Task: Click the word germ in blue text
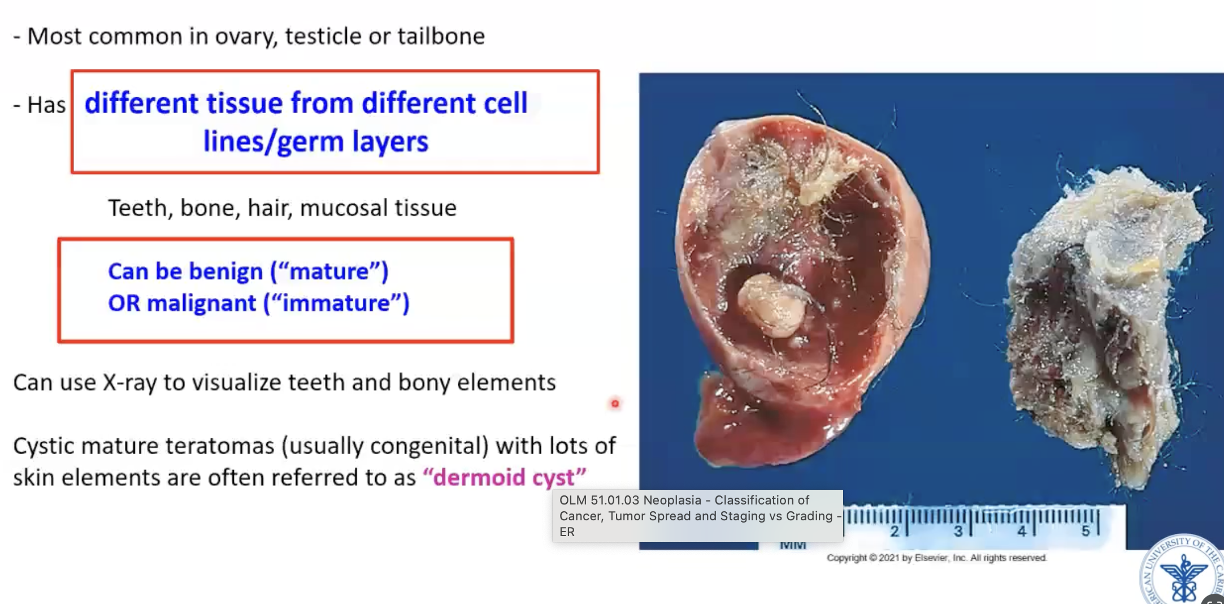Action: (310, 141)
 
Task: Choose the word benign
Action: (225, 271)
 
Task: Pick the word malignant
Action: (201, 304)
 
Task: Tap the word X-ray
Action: (129, 383)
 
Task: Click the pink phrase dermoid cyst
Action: (504, 478)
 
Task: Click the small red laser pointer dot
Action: (615, 403)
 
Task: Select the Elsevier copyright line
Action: (936, 558)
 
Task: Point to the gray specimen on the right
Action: (1096, 322)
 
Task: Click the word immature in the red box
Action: (337, 304)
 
